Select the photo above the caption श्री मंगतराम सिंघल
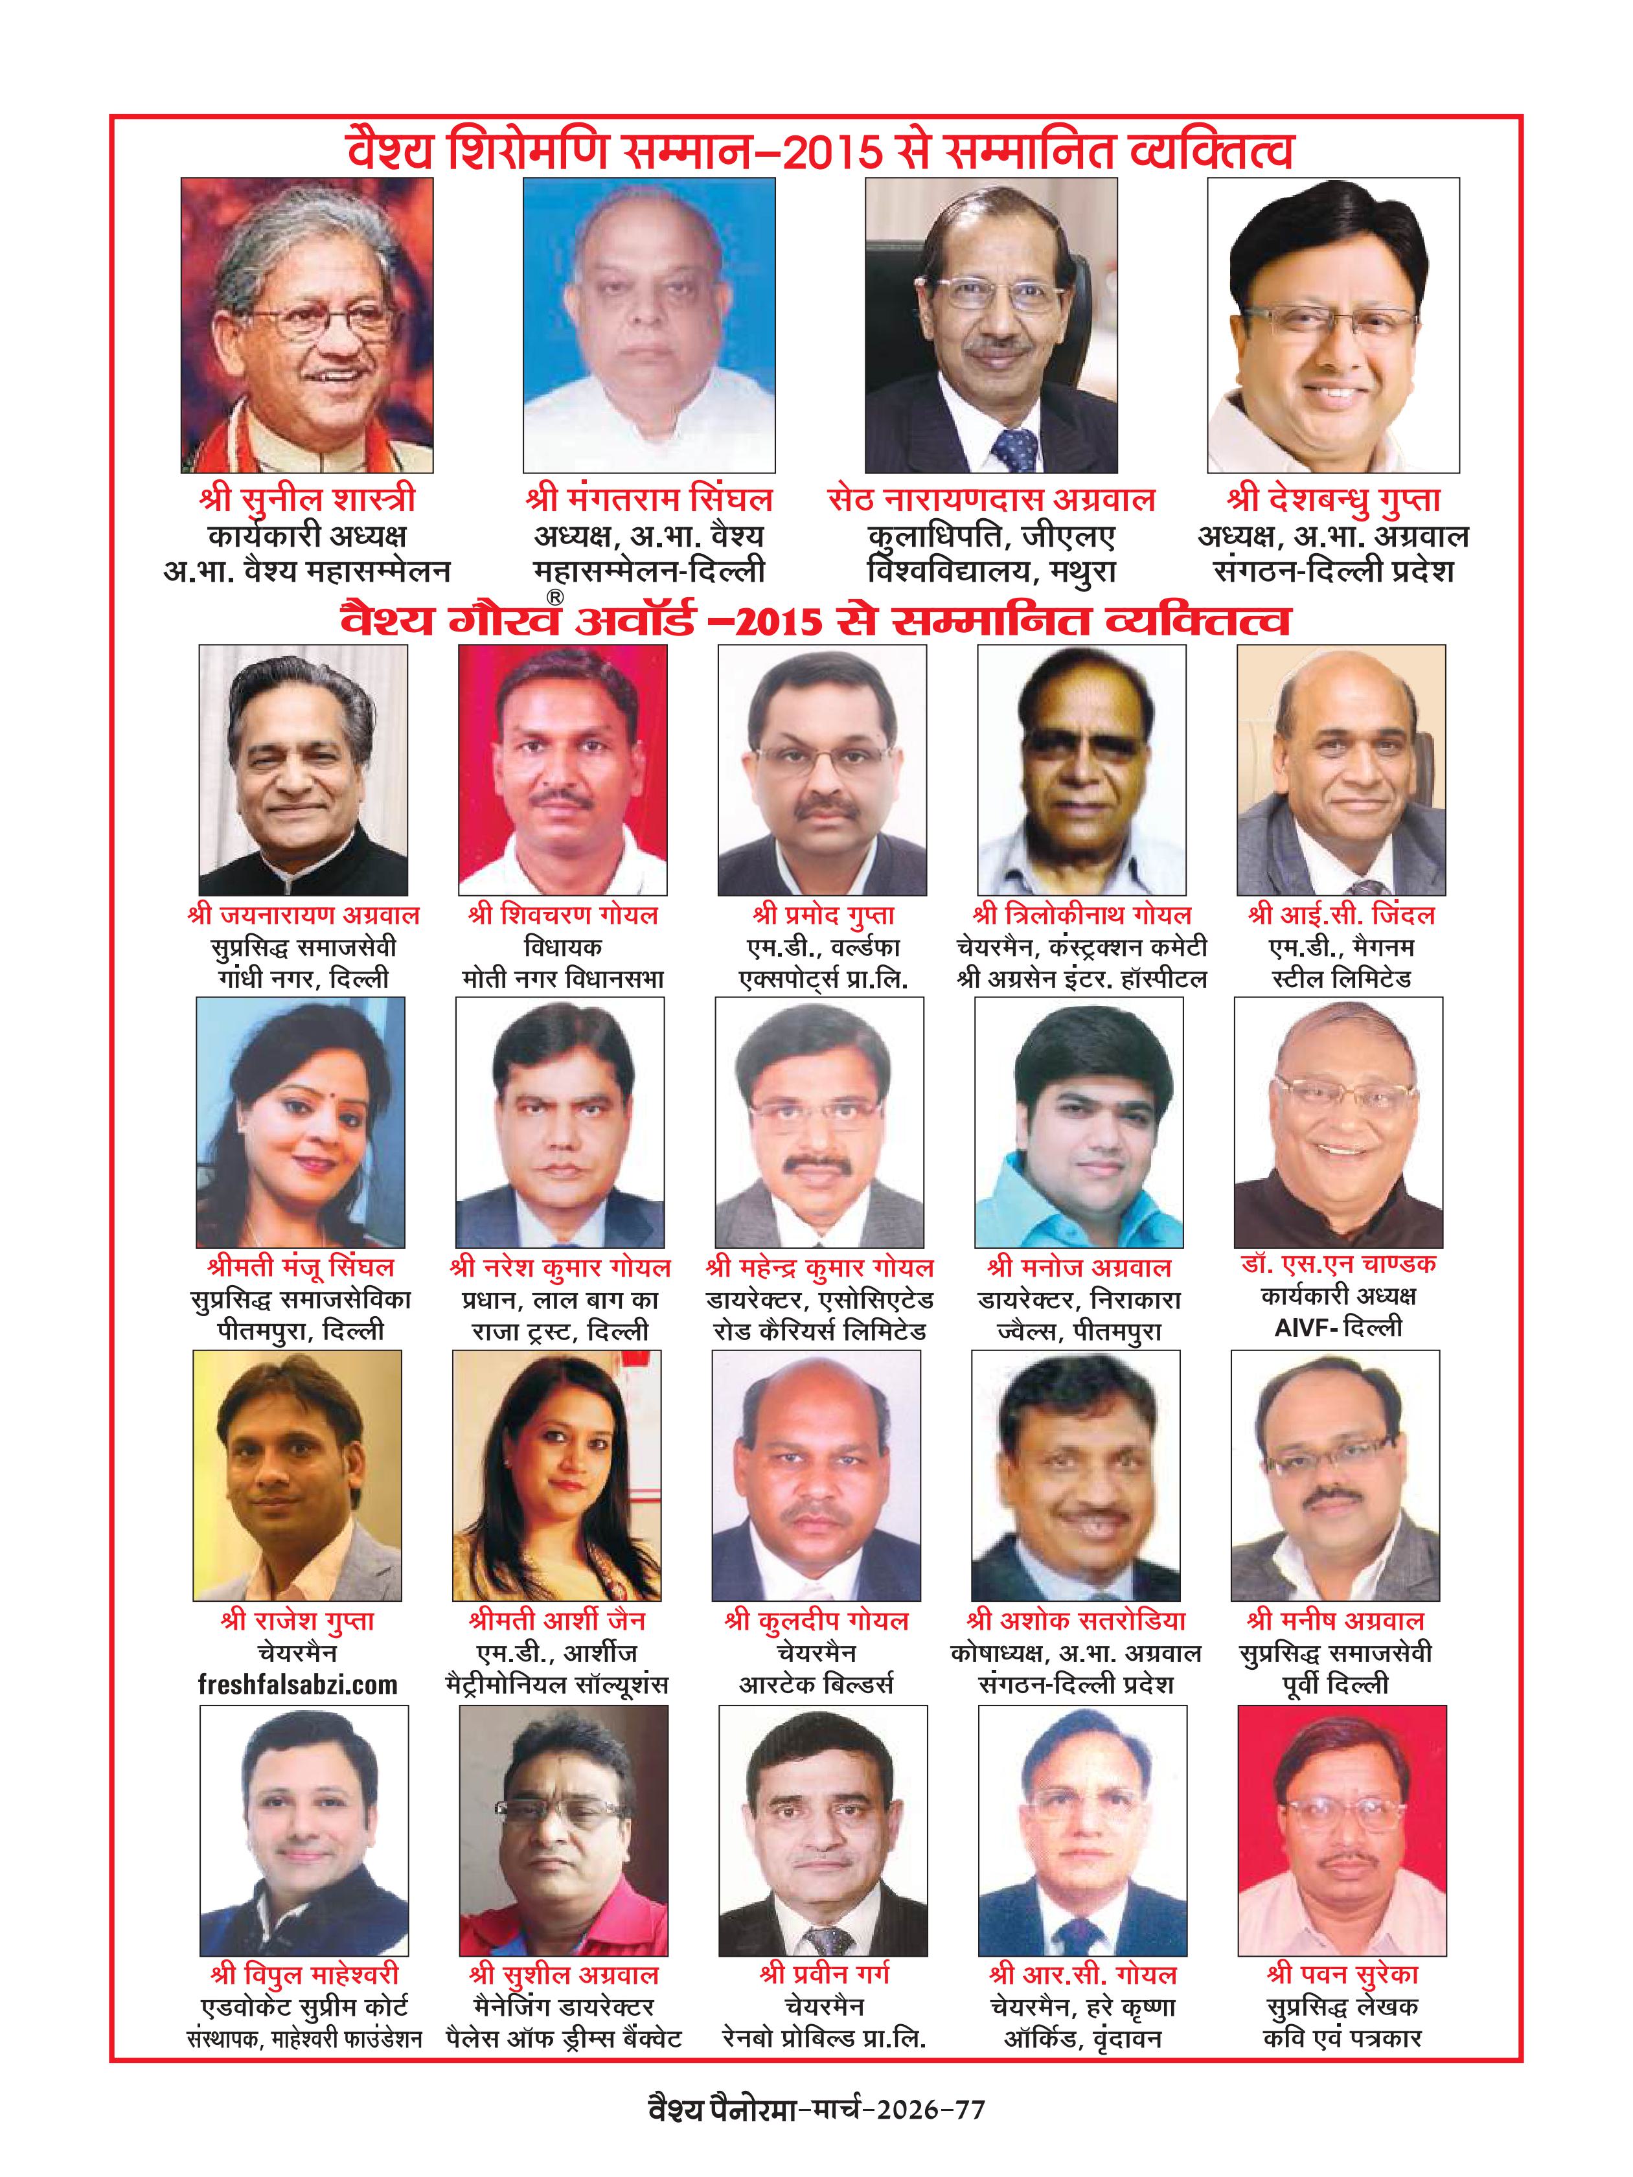(648, 325)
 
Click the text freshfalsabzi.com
(297, 1684)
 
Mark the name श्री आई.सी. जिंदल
(1341, 915)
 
